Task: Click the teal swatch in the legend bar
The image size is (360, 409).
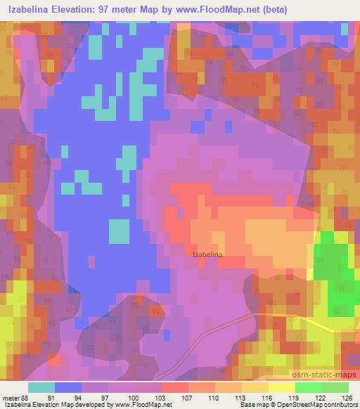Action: click(41, 387)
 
